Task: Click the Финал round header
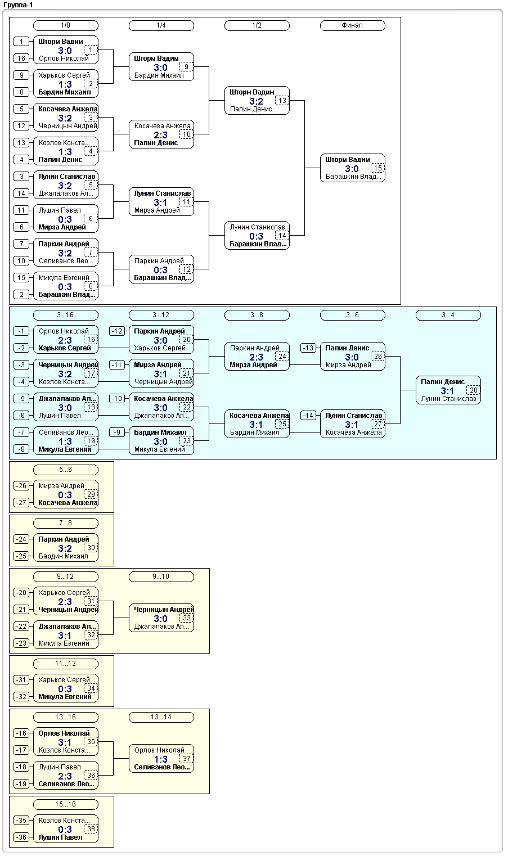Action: pyautogui.click(x=352, y=25)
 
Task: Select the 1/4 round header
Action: pyautogui.click(x=161, y=25)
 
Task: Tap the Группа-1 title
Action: pyautogui.click(x=18, y=5)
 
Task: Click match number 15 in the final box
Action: pyautogui.click(x=377, y=168)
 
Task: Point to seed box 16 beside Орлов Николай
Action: pyautogui.click(x=21, y=58)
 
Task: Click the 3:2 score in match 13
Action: pyautogui.click(x=256, y=101)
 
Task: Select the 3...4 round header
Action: pyautogui.click(x=448, y=315)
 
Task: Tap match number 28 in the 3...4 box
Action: pyautogui.click(x=473, y=390)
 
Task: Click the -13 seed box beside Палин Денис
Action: pyautogui.click(x=308, y=348)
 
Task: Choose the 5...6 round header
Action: pyautogui.click(x=66, y=470)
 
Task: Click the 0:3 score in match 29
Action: pyautogui.click(x=65, y=495)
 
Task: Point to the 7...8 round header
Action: pyautogui.click(x=66, y=523)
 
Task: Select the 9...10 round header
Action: pyautogui.click(x=161, y=576)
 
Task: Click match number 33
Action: pyautogui.click(x=187, y=618)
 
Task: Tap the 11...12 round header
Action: pyautogui.click(x=66, y=664)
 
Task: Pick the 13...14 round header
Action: pyautogui.click(x=161, y=717)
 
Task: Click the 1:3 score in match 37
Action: pyautogui.click(x=160, y=759)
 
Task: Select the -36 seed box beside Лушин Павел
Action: pyautogui.click(x=21, y=837)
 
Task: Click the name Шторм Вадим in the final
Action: pyautogui.click(x=348, y=159)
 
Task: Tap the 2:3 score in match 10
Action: pyautogui.click(x=160, y=135)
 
